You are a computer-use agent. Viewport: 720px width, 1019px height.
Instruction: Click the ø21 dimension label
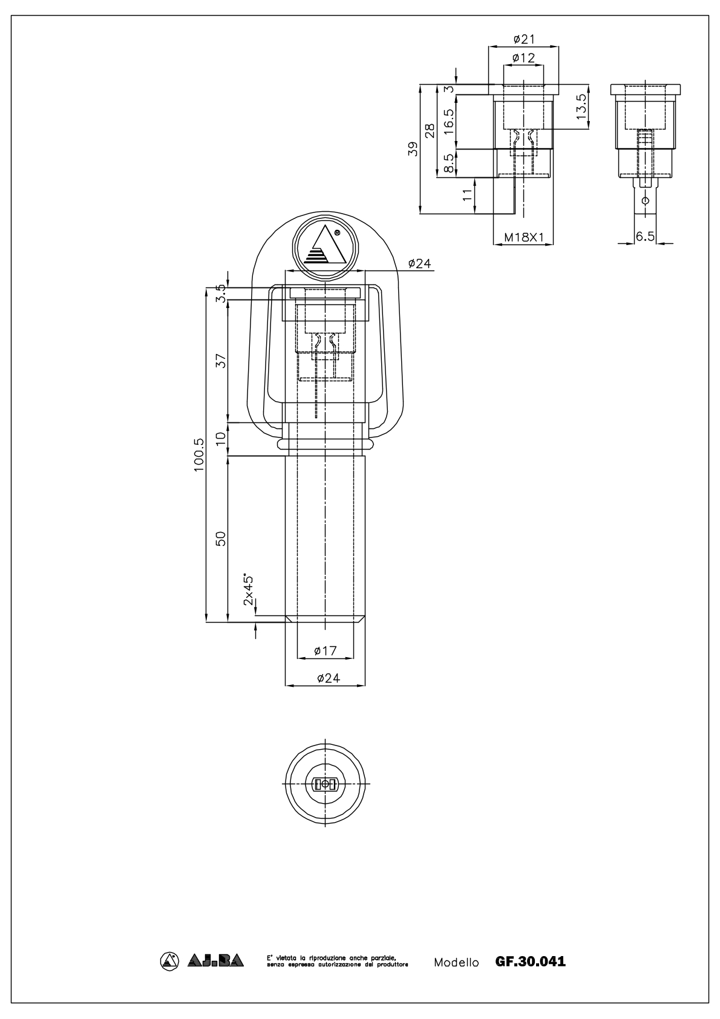click(523, 39)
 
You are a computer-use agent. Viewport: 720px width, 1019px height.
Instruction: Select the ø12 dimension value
click(523, 57)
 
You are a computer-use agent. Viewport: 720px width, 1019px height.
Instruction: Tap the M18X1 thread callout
click(523, 237)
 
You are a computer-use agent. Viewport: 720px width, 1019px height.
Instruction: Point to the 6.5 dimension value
click(645, 236)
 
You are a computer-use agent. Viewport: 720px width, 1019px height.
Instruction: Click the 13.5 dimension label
click(581, 106)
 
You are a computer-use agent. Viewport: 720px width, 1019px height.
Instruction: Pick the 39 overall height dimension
click(413, 149)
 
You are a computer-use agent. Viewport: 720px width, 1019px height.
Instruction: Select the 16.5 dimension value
click(448, 122)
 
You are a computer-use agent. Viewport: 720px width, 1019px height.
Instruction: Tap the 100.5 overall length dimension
click(199, 455)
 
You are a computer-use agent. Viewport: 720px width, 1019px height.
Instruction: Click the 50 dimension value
click(221, 539)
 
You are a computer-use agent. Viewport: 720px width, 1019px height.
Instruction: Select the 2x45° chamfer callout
click(248, 589)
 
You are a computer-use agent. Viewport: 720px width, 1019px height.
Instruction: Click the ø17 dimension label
click(325, 651)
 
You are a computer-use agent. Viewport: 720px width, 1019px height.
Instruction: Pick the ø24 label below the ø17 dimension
click(329, 678)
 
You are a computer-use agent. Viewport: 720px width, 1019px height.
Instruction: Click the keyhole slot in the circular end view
click(325, 784)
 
